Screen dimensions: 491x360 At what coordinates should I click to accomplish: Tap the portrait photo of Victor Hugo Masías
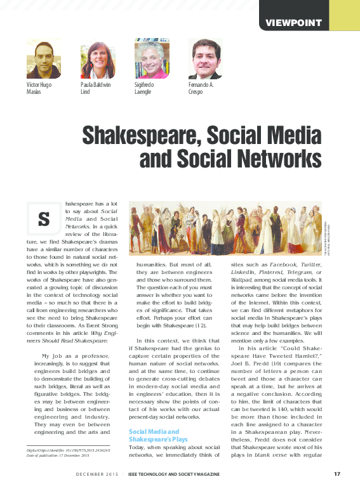[43, 59]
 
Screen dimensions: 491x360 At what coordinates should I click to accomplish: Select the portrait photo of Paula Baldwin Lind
[98, 59]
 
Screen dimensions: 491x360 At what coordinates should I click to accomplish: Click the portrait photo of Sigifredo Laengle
[152, 59]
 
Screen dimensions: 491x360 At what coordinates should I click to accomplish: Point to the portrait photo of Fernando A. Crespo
[206, 59]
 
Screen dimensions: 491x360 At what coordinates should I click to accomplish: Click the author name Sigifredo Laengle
[149, 88]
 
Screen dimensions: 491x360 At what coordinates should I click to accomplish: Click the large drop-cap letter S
[44, 219]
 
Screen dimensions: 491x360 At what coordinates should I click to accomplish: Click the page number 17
[337, 473]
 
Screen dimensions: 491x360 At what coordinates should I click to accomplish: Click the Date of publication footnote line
[62, 455]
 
